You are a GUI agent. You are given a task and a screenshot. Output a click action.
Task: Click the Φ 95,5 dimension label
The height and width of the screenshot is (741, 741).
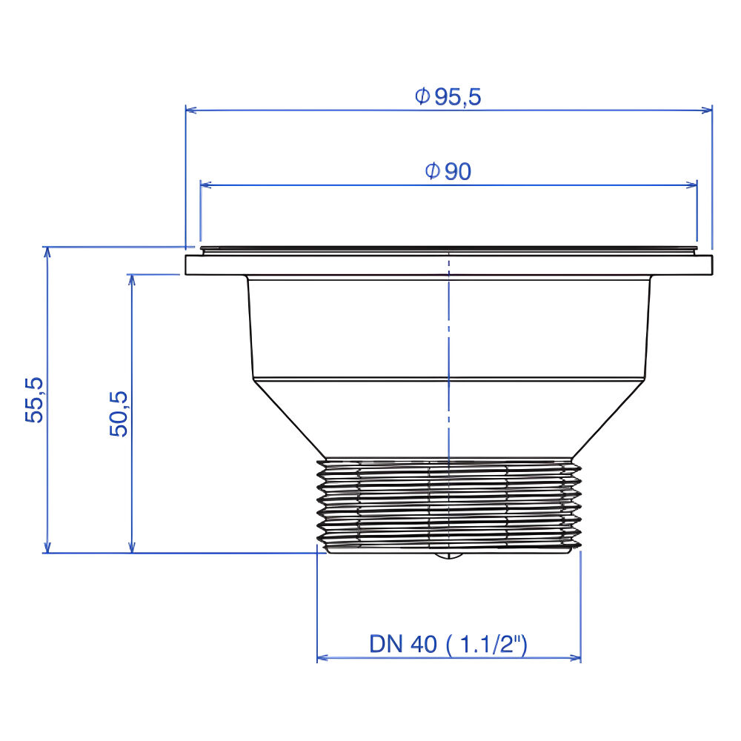coord(448,96)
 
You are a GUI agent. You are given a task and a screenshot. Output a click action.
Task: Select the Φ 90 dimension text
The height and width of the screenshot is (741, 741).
coord(448,171)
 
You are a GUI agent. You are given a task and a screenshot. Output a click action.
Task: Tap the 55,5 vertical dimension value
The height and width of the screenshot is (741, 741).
coord(35,399)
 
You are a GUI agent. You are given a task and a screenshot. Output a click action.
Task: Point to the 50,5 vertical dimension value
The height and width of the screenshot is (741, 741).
coord(119,413)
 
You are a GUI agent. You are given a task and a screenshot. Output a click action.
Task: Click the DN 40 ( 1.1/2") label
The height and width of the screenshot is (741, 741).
coord(448,645)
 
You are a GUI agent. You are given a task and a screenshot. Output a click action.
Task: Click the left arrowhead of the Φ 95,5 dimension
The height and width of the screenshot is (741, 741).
coord(190,110)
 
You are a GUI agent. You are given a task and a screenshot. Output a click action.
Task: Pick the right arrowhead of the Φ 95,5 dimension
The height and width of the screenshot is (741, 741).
coord(707,110)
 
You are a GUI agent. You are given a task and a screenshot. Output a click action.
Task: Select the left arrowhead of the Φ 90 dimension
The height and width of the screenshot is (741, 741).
coord(205,185)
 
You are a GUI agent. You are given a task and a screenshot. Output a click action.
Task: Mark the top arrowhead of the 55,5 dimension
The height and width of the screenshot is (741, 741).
coord(48,252)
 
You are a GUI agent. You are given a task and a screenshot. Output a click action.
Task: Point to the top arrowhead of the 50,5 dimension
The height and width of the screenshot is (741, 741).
coord(132,279)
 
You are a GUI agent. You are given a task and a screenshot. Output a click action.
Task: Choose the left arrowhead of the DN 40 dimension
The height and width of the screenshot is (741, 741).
coord(322,657)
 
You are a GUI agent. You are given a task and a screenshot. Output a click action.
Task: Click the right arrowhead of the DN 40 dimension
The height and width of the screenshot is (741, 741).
coord(576,657)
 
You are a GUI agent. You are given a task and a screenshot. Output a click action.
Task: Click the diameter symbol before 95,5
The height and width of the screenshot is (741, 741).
coord(422,96)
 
